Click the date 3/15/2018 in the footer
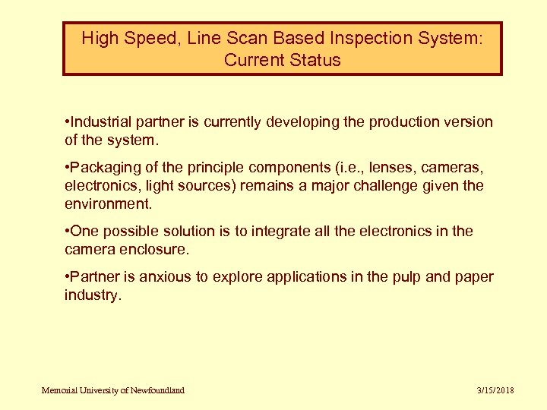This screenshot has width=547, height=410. (495, 390)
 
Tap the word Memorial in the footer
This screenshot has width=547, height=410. (61, 390)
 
